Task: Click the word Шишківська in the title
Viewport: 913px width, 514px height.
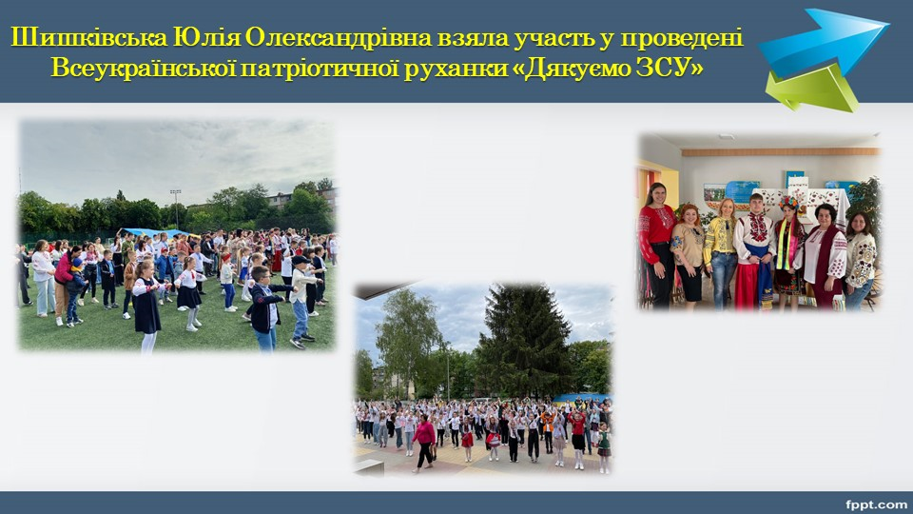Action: [88, 38]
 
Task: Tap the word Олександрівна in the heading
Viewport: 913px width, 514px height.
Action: [339, 38]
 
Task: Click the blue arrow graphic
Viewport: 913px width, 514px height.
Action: [824, 40]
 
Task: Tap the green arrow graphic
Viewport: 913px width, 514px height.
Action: [811, 89]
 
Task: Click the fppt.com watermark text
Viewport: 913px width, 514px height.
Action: [876, 504]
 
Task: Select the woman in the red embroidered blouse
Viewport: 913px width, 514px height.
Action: [655, 245]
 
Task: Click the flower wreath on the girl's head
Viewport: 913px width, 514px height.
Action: [789, 202]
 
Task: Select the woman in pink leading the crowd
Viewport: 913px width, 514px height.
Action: [424, 443]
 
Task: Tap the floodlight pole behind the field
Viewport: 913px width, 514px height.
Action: [176, 208]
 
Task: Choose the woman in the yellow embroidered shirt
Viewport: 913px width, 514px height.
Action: [722, 252]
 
